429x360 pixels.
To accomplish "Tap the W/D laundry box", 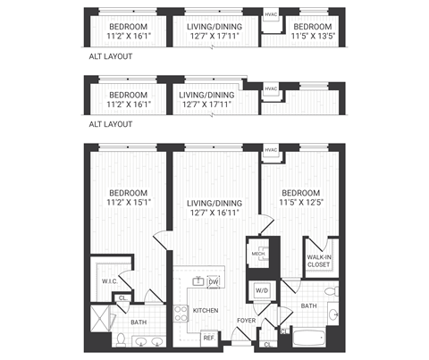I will (x=263, y=290).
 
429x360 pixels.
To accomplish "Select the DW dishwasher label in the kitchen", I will (x=214, y=282).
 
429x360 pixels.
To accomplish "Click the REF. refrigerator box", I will (x=208, y=338).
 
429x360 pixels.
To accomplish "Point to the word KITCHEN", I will (x=206, y=310).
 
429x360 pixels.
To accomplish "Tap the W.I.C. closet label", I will (x=111, y=281).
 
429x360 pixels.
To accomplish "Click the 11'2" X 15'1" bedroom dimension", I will (x=127, y=202).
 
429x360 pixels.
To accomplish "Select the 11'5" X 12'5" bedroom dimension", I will (x=299, y=202).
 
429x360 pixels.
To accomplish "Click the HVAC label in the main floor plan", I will (x=272, y=149).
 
